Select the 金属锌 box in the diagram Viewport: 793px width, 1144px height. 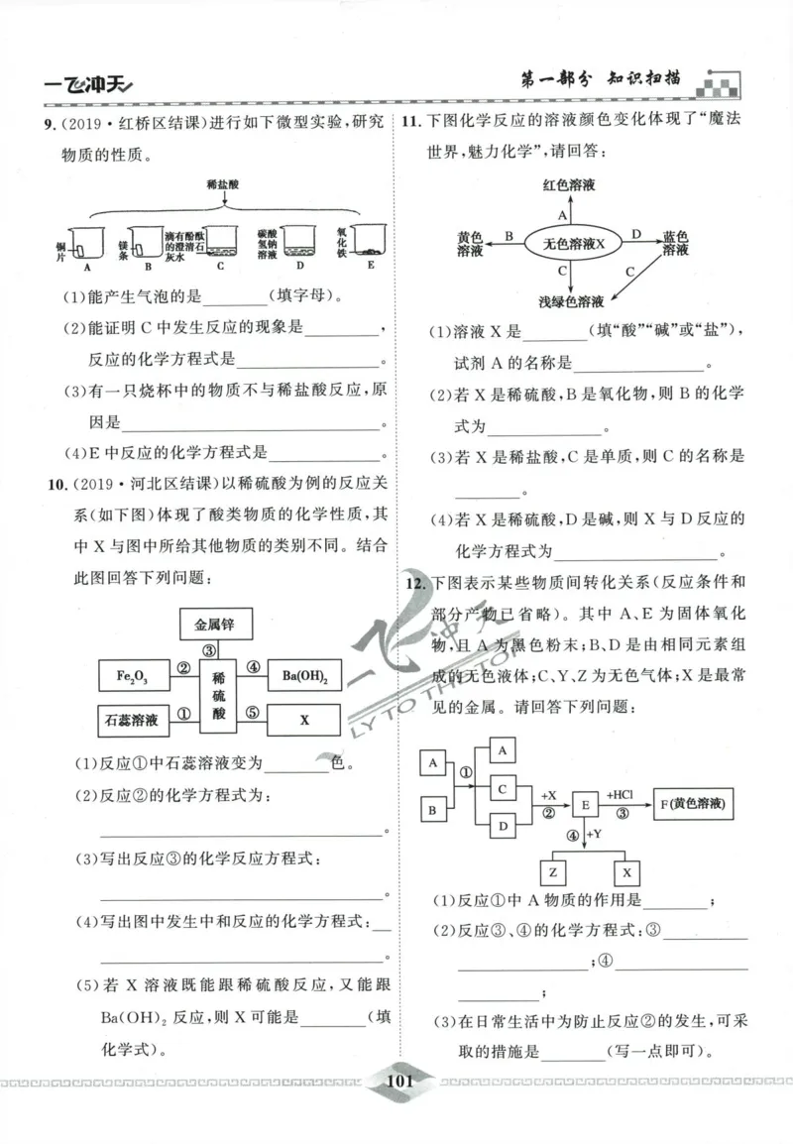215,625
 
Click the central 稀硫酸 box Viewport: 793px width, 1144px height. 219,697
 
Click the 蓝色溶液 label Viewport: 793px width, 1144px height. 675,244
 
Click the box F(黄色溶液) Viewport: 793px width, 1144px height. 692,805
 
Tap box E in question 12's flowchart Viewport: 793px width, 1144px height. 585,805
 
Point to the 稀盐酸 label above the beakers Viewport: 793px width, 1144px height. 224,184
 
